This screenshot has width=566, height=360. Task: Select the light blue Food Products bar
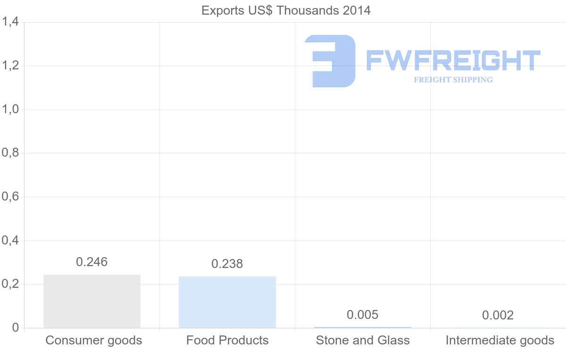227,302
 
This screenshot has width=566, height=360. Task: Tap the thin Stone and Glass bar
362,327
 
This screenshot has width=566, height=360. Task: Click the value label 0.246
92,262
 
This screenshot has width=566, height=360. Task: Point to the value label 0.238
227,264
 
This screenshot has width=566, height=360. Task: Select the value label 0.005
362,315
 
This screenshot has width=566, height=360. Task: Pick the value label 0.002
498,315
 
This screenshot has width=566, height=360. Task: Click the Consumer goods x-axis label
93,340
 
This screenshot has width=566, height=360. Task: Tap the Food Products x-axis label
227,340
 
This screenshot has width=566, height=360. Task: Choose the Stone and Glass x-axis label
363,340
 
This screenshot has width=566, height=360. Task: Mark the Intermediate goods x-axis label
500,340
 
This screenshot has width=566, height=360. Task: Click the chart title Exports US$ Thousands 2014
286,10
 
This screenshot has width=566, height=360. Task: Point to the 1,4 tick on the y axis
10,22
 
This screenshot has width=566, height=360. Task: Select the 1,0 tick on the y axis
10,109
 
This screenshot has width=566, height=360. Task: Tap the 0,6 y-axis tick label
10,197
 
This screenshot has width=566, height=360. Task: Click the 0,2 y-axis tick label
10,285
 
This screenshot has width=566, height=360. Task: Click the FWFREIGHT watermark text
453,61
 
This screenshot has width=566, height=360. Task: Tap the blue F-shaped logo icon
330,61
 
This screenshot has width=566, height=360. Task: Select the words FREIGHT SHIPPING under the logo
453,80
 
